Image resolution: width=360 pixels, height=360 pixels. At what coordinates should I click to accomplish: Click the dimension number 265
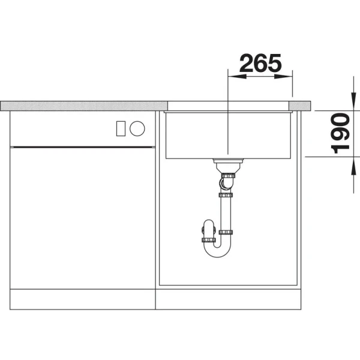tap(260, 62)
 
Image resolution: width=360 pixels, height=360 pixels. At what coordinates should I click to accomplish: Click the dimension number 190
tap(340, 133)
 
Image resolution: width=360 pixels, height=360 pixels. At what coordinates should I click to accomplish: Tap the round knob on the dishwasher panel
tap(137, 128)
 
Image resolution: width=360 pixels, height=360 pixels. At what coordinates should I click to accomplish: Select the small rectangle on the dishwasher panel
tap(121, 128)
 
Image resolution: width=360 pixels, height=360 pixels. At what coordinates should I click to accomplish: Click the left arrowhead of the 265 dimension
tap(237, 76)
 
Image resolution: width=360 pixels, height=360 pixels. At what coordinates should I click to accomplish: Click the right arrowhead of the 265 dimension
tap(283, 76)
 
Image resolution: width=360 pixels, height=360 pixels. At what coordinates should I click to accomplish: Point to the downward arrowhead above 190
tap(353, 101)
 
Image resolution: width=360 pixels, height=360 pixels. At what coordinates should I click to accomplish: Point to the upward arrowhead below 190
tap(353, 166)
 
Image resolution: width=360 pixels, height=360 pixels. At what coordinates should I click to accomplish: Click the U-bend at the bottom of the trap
tap(217, 253)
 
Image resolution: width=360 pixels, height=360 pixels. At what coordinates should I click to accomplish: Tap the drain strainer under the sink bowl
tap(228, 161)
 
